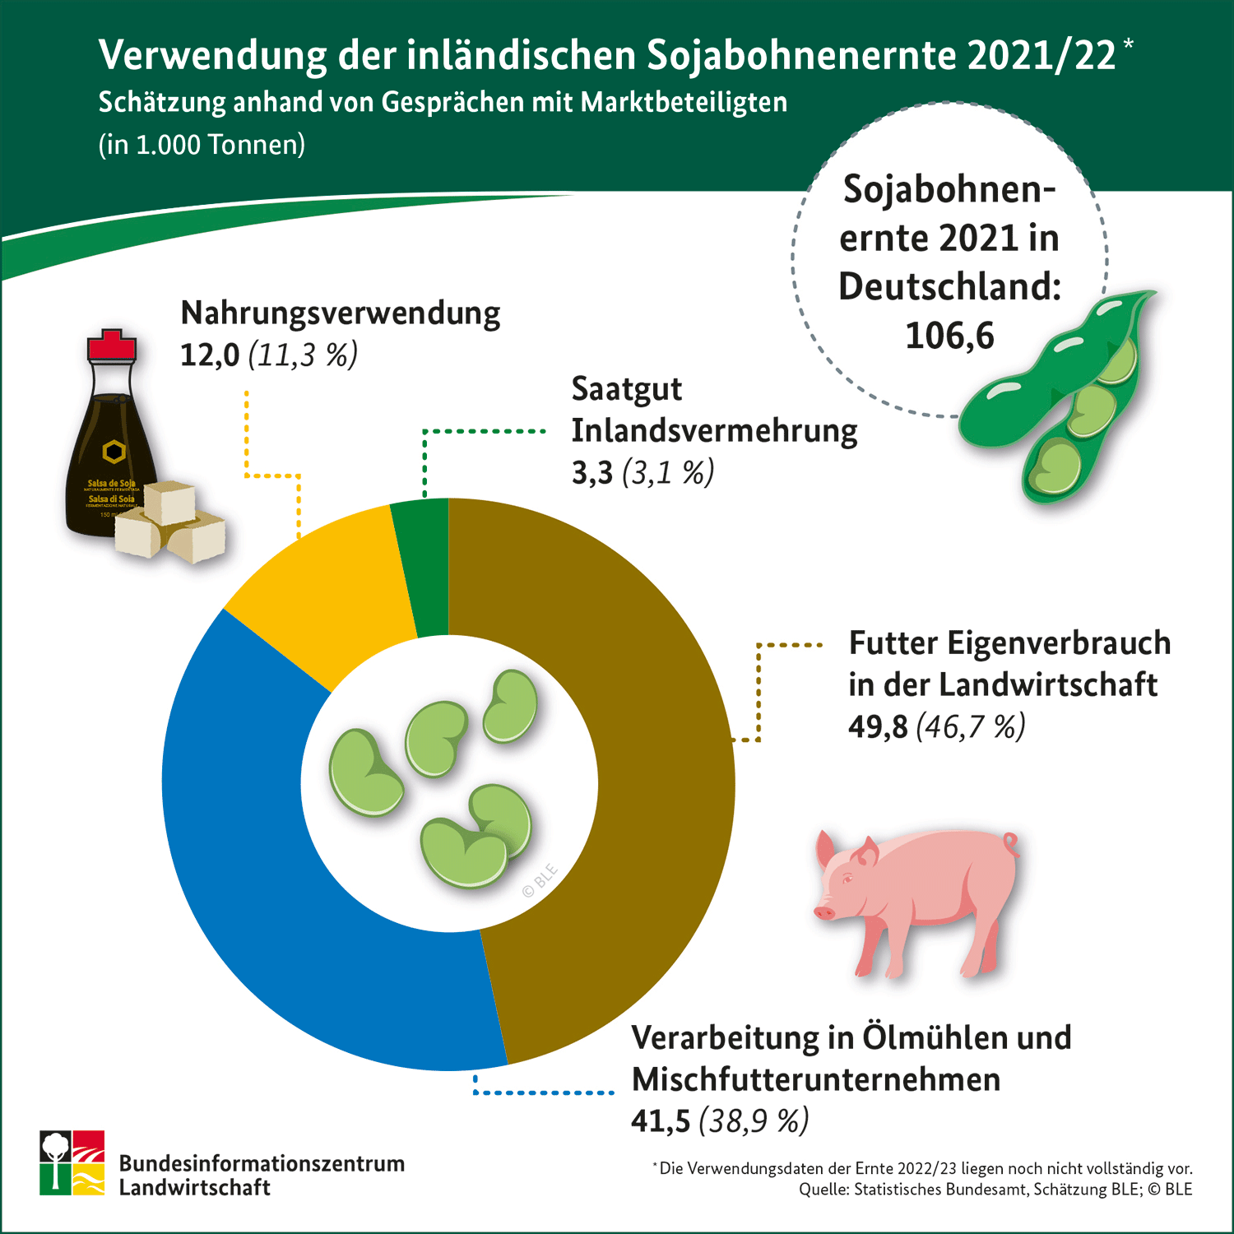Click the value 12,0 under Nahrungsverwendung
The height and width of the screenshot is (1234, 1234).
tap(210, 355)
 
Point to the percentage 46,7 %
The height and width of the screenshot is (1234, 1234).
tap(971, 727)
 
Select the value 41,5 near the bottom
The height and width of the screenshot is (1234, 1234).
tap(661, 1121)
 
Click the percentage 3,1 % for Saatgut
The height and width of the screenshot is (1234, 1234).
tap(668, 473)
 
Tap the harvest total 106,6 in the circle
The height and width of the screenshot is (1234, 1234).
tap(949, 336)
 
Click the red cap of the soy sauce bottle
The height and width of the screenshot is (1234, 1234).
tap(112, 346)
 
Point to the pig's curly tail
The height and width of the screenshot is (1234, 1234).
tap(1010, 842)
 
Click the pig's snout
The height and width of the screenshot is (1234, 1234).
tap(823, 912)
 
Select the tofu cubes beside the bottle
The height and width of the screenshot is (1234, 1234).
tap(173, 522)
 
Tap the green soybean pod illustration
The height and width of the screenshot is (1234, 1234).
tap(1069, 395)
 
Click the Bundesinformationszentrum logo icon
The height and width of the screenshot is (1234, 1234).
tap(72, 1162)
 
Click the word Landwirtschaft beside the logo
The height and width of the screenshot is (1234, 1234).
tap(195, 1187)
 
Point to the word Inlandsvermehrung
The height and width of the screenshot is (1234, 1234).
tap(714, 431)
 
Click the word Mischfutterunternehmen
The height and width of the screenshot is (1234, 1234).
tap(815, 1079)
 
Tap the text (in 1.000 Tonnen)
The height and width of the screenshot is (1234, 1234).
tap(202, 145)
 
